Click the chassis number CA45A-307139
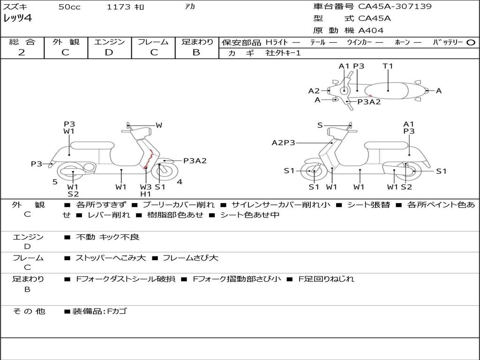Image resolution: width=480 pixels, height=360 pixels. [x=395, y=6]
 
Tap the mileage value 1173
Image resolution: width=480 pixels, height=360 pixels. [x=119, y=7]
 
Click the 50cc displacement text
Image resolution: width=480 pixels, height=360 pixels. [x=69, y=7]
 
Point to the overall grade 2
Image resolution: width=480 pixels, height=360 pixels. [x=22, y=52]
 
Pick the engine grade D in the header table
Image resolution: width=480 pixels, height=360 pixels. [x=109, y=52]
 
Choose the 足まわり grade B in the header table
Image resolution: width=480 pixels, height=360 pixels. [x=196, y=52]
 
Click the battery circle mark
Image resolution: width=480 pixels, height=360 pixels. [x=471, y=43]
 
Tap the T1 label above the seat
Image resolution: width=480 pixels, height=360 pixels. [x=388, y=66]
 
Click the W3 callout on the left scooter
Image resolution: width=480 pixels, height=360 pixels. [x=146, y=187]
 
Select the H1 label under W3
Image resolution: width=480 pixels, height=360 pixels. [x=146, y=194]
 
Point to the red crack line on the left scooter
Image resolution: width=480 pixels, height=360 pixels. [x=149, y=159]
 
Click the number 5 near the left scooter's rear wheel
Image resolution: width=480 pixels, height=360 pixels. [x=55, y=182]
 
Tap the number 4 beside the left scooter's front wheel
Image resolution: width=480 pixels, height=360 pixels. [x=180, y=182]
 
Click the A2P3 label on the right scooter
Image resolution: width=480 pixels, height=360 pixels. [x=284, y=142]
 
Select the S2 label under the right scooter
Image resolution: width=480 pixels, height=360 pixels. [x=406, y=187]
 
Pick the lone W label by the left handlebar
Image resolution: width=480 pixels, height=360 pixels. [x=159, y=125]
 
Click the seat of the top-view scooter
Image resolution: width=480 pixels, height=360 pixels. [x=386, y=91]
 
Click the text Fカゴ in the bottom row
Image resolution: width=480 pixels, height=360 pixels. [x=117, y=311]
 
